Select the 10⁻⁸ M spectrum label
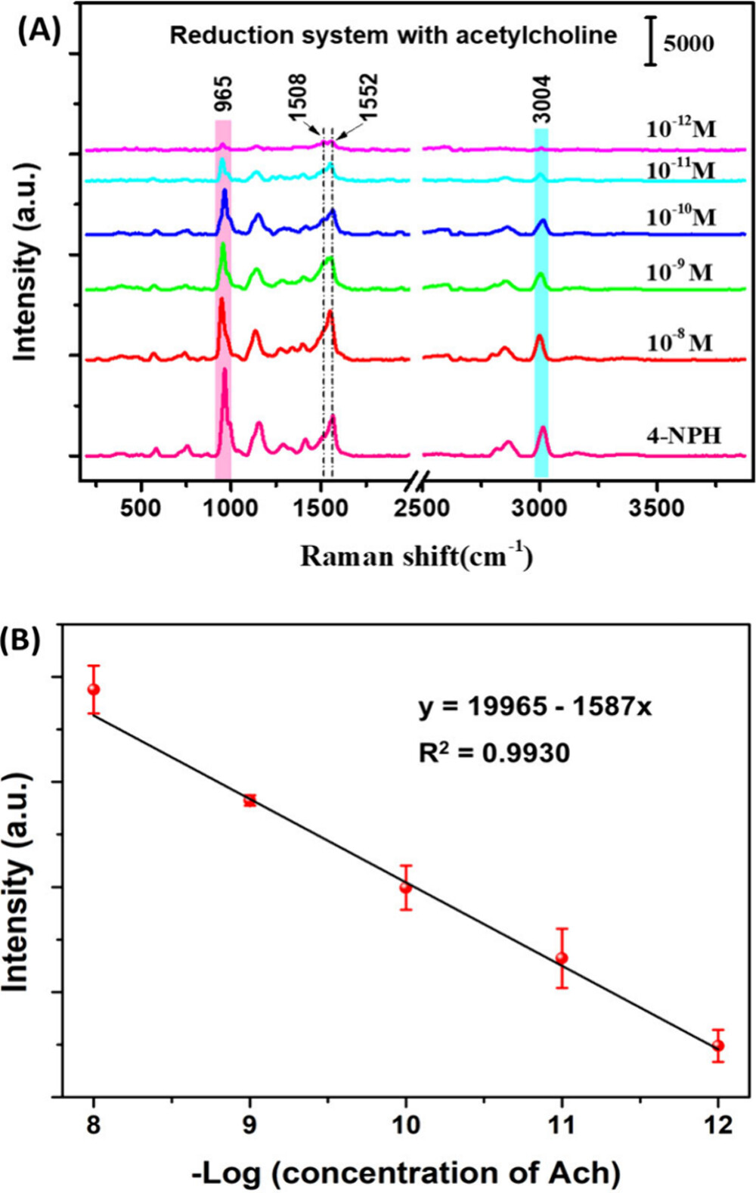point(679,343)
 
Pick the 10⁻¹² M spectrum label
point(680,129)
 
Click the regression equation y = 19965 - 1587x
point(534,707)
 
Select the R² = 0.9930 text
point(494,752)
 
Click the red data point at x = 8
point(94,689)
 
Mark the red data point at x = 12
point(718,1045)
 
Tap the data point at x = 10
point(406,887)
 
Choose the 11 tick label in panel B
point(562,1125)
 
